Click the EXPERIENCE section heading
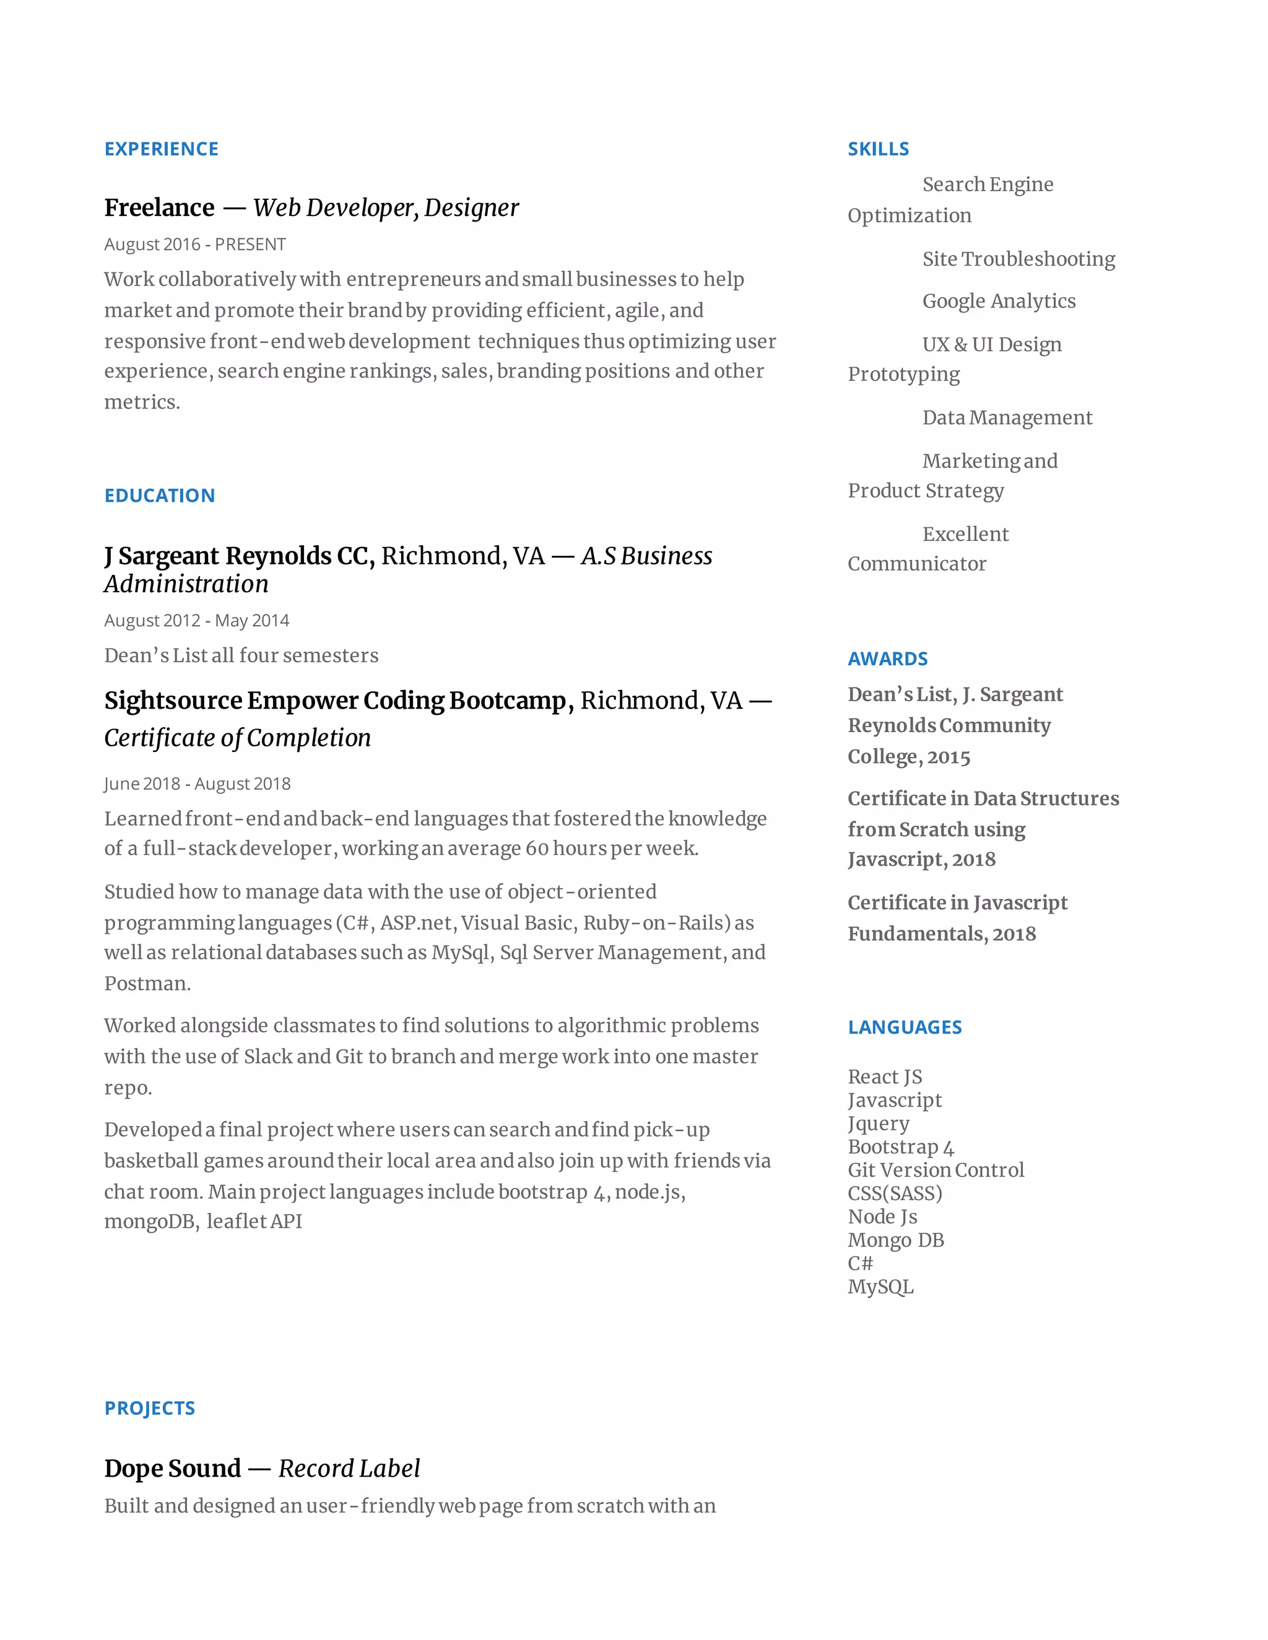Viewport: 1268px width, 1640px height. [x=162, y=149]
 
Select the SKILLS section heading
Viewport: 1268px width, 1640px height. [x=878, y=149]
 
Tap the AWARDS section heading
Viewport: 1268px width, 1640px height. [x=887, y=658]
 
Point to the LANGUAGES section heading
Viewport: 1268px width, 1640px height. [x=905, y=1027]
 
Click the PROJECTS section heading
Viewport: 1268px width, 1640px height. [x=149, y=1408]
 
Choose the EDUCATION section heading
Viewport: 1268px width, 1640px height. [x=160, y=496]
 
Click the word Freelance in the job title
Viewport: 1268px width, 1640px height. [x=159, y=207]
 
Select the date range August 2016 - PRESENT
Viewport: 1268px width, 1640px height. [x=194, y=244]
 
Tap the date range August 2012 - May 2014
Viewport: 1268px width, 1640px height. [x=196, y=620]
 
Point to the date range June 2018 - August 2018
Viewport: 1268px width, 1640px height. [x=197, y=783]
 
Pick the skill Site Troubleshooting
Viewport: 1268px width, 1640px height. [x=1018, y=259]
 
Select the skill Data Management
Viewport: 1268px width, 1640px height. [x=1007, y=418]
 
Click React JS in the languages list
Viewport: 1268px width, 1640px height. [x=884, y=1077]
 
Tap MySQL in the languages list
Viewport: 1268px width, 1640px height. [x=880, y=1287]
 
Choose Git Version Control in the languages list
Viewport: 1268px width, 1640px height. [x=936, y=1170]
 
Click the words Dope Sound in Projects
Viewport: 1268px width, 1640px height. [x=173, y=1468]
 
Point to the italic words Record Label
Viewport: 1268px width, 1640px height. [x=349, y=1468]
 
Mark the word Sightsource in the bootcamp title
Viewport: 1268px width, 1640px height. [x=173, y=700]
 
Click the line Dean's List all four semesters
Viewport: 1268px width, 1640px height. [x=241, y=655]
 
